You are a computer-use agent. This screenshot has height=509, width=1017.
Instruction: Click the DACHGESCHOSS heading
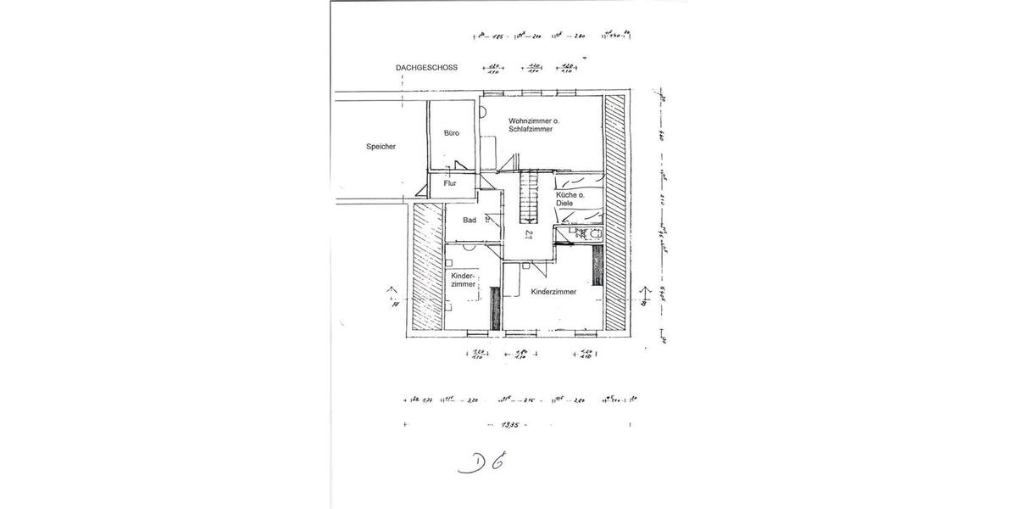tap(426, 68)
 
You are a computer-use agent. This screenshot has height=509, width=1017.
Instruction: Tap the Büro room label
tap(452, 133)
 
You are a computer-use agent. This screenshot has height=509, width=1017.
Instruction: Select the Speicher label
tap(381, 146)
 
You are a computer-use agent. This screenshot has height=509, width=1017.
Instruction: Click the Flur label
tap(450, 183)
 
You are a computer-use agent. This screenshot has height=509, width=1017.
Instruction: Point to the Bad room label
tap(469, 221)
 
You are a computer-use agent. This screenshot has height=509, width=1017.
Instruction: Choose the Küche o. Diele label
tap(570, 199)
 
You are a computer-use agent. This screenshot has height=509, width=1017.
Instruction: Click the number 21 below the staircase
tap(529, 235)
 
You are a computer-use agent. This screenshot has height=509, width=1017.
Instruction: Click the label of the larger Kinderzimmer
tap(553, 292)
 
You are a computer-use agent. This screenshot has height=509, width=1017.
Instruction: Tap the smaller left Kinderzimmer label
tap(463, 281)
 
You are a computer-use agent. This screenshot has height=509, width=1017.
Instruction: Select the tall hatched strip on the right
tap(615, 213)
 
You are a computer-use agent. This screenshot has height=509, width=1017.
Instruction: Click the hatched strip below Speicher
tap(427, 267)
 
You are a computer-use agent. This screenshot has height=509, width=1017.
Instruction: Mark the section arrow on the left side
tap(392, 294)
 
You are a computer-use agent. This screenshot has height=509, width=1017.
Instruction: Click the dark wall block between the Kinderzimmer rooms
tap(495, 309)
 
